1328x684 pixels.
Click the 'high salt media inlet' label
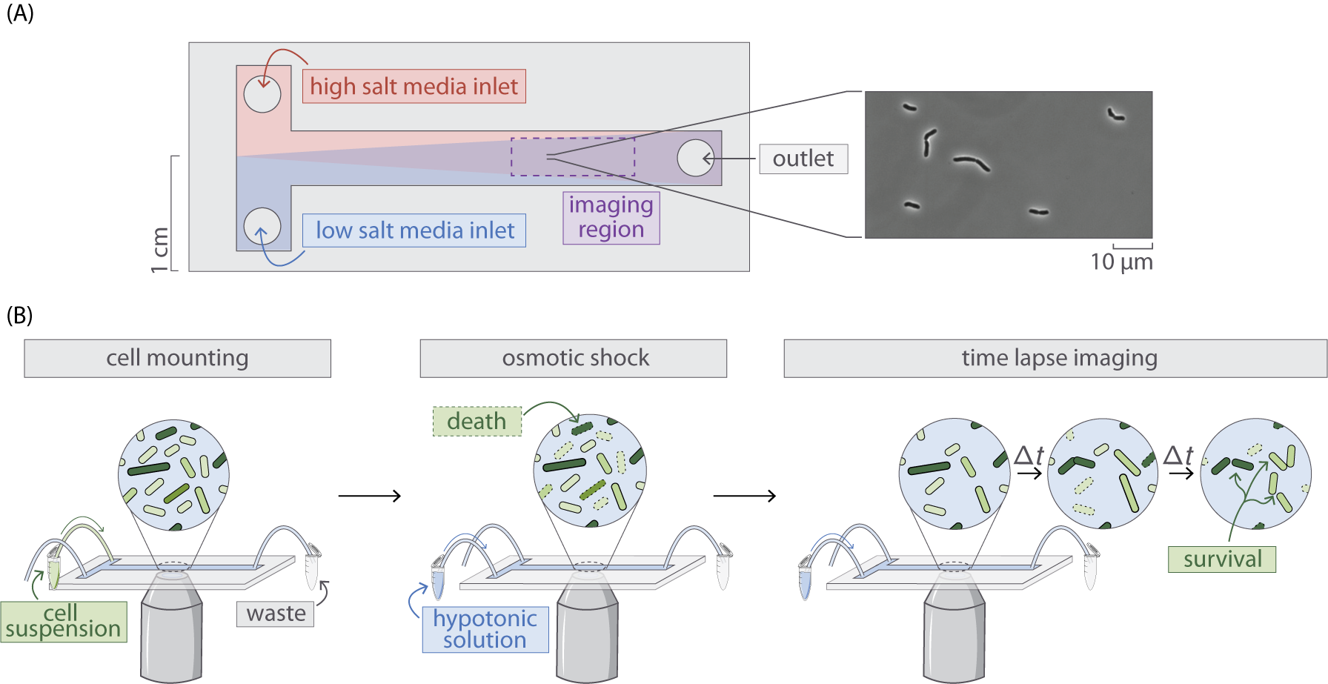pos(414,87)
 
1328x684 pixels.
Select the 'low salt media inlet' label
pos(414,230)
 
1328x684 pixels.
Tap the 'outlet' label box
pos(803,159)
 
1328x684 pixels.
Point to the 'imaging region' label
pos(611,217)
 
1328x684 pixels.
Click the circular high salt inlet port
pos(262,94)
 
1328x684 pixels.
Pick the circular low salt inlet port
pos(262,226)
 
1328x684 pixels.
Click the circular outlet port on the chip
pos(695,158)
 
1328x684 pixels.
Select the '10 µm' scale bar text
pos(1121,262)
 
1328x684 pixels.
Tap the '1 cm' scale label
pos(160,250)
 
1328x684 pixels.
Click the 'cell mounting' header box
pos(177,359)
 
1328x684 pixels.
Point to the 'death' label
pos(477,422)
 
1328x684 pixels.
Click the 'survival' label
pos(1221,560)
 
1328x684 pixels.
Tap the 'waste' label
pos(276,614)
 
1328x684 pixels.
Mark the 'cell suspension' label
pos(63,622)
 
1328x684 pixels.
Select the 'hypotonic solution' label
pos(485,629)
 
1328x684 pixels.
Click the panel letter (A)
pos(20,13)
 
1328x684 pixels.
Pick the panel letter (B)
pos(20,316)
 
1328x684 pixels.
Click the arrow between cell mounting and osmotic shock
pos(369,496)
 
